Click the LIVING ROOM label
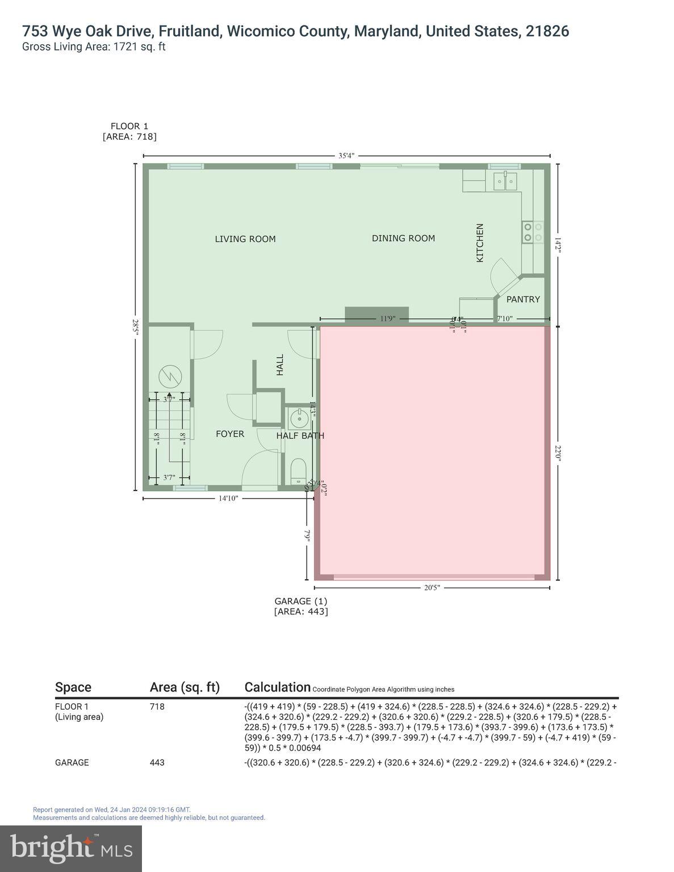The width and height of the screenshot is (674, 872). tap(245, 239)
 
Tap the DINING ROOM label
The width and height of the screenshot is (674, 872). tap(403, 238)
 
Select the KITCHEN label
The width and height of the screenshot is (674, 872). tap(480, 242)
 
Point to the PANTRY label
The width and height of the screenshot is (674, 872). tap(523, 299)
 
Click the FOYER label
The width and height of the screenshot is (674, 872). tap(230, 434)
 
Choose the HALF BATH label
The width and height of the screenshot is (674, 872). tap(300, 435)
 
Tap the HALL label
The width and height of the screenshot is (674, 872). tap(280, 365)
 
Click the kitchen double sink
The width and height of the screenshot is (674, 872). tap(505, 182)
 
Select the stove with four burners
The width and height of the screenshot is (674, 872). tap(533, 232)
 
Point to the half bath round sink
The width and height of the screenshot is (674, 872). tap(298, 419)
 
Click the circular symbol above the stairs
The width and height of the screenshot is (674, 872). tap(170, 375)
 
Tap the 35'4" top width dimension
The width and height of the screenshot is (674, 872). tap(346, 156)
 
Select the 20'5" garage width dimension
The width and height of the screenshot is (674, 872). tap(432, 588)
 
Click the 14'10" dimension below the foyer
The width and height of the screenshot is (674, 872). tap(228, 498)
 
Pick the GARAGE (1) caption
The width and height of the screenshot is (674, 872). tap(300, 601)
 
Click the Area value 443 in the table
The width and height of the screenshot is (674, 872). tap(157, 762)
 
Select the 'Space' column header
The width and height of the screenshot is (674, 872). tap(73, 687)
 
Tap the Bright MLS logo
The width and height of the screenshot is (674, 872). tap(71, 848)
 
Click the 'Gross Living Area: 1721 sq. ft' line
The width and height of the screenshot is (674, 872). tap(94, 47)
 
